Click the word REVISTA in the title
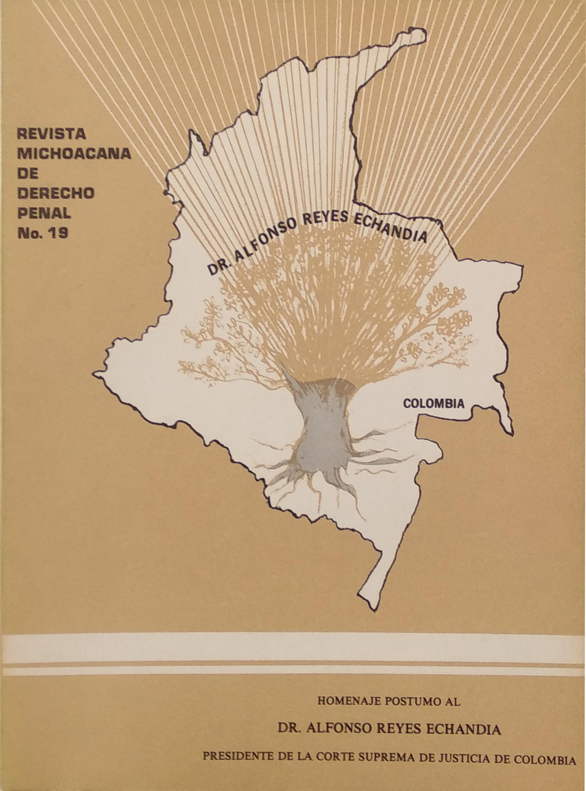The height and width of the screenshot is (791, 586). (52, 134)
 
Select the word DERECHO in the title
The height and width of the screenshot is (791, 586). (56, 193)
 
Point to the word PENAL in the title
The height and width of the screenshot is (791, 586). (44, 213)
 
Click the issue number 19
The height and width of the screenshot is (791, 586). (59, 233)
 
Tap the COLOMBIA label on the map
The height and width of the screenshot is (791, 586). (434, 403)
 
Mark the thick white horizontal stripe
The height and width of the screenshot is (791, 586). (293, 649)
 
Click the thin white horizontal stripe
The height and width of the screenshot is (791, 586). (293, 670)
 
